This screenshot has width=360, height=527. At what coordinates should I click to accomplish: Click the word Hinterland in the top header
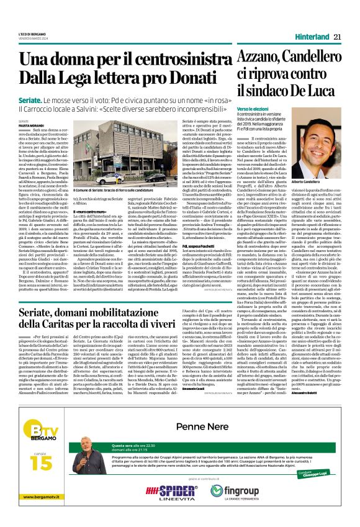pyautogui.click(x=309, y=37)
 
